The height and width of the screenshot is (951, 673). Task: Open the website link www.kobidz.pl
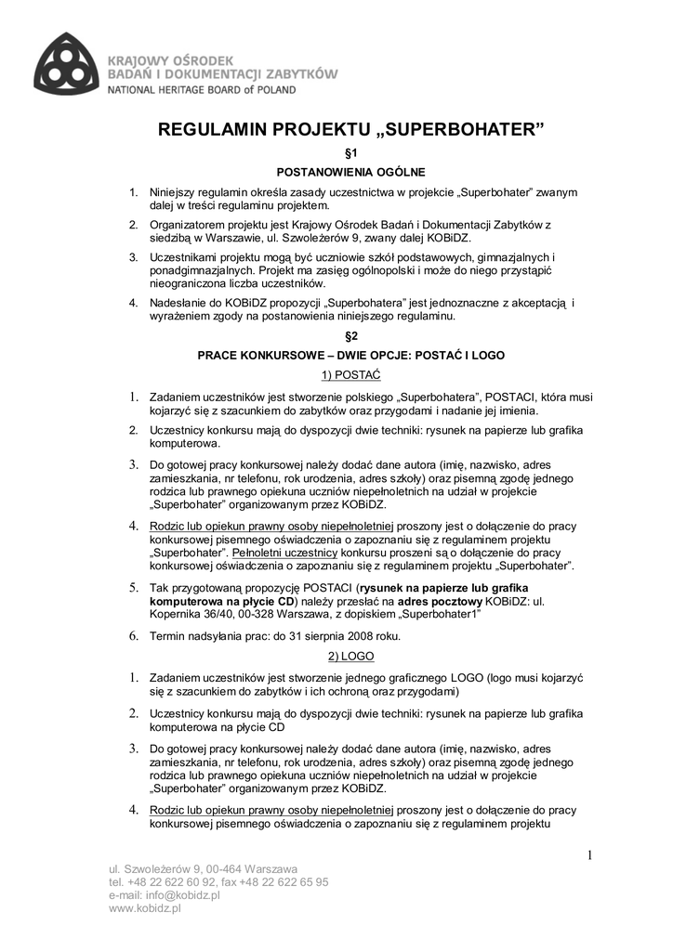tap(144, 909)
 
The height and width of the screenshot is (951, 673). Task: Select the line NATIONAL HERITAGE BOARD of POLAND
tap(203, 90)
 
